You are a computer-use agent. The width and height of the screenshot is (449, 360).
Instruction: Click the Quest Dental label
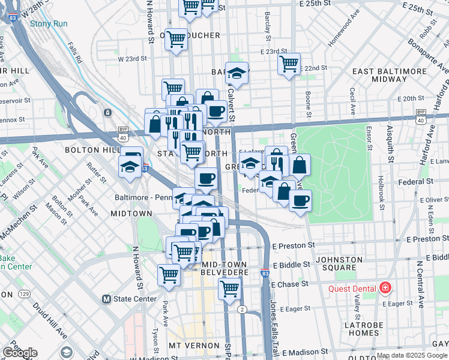pos(352,289)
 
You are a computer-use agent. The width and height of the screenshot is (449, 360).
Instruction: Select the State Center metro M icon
pos(106,299)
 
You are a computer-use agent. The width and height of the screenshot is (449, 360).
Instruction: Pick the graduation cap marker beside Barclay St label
pos(237,74)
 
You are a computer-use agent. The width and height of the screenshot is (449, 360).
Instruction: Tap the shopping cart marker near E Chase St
pos(229,289)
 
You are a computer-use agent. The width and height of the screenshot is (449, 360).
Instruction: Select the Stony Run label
pos(50,24)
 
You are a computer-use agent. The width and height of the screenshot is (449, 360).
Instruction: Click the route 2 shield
pos(242,309)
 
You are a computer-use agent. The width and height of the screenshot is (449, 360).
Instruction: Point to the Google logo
pos(20,353)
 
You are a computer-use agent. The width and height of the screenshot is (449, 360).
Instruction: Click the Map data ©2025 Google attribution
pos(412,356)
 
